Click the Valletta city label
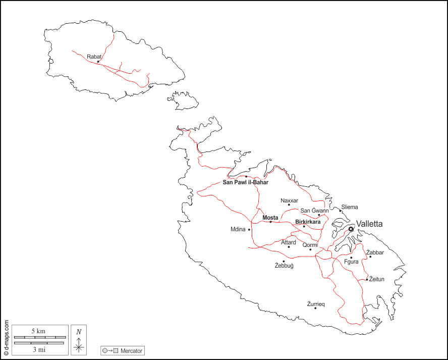coord(369,224)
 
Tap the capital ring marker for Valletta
coord(351,229)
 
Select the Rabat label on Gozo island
coord(94,57)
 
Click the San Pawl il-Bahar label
coord(246,182)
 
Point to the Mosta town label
coord(270,218)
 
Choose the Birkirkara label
coord(308,222)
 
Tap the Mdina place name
coord(238,229)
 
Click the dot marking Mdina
coord(249,229)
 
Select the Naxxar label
coord(289,200)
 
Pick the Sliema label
coord(349,207)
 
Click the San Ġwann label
coord(314,211)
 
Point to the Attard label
coord(289,242)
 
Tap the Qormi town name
coord(310,245)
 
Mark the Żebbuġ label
coord(284,266)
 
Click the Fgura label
coord(351,262)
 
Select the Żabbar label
coord(375,252)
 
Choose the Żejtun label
coord(377,279)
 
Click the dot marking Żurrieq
coord(315,308)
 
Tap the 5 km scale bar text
coord(38,331)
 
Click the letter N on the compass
coord(79,332)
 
